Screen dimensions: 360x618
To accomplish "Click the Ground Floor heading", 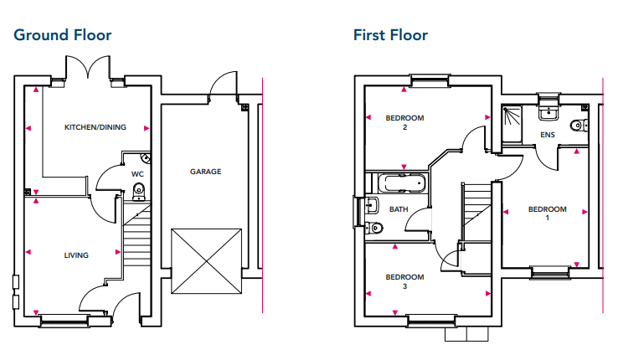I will (x=63, y=35).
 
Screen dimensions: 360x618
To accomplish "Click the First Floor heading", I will (x=390, y=35).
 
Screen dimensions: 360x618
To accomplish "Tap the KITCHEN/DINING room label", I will (x=95, y=127).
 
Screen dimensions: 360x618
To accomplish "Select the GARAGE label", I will (x=205, y=172).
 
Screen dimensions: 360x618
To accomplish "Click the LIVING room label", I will (x=76, y=255).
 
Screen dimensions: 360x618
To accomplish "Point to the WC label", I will (x=137, y=174).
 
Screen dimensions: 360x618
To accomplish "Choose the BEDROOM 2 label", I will (x=404, y=122).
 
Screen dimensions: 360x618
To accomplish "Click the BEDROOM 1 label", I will (x=548, y=213).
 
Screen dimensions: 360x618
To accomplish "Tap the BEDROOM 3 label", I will (x=404, y=281).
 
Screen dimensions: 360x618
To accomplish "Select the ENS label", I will (x=548, y=135).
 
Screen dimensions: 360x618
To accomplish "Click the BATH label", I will (x=399, y=209).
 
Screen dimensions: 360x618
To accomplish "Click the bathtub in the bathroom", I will (x=403, y=183).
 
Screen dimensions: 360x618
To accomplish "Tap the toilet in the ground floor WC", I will (x=139, y=191).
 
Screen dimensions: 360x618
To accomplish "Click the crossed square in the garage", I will (x=205, y=260).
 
